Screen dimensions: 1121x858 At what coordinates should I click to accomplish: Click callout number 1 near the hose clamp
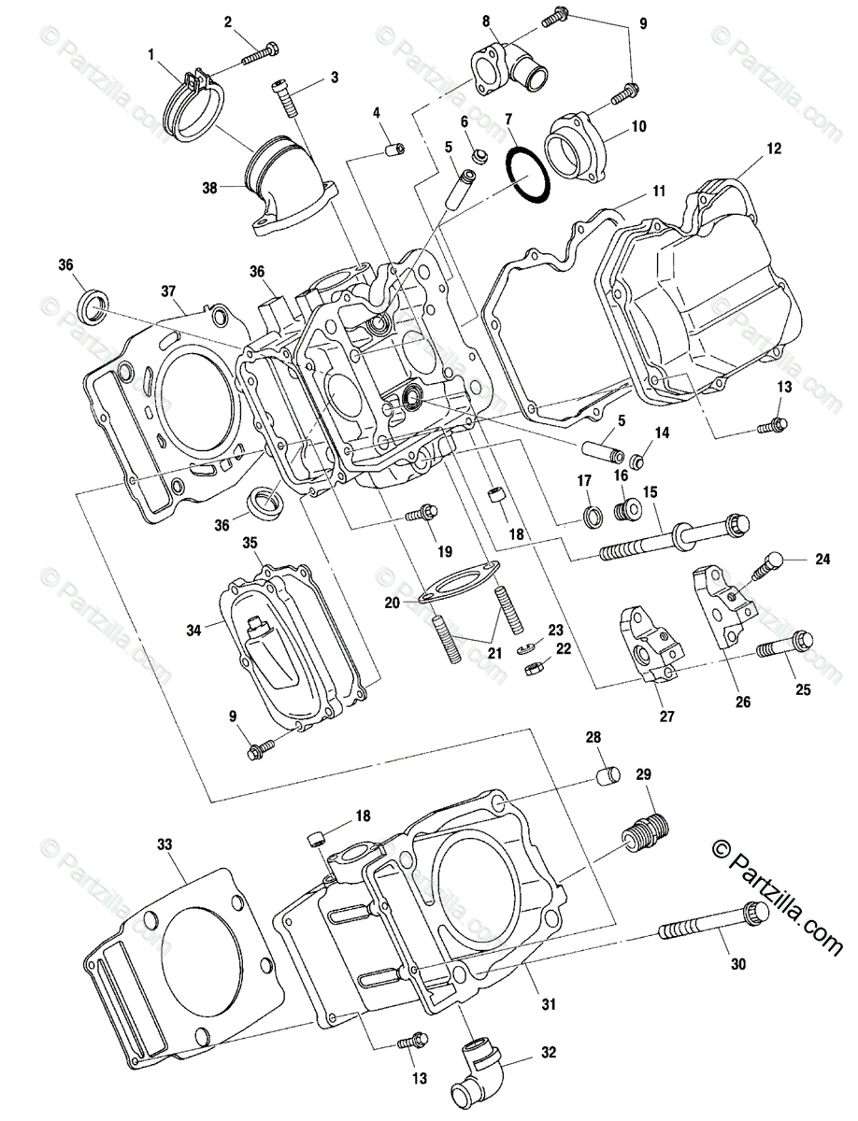(x=151, y=55)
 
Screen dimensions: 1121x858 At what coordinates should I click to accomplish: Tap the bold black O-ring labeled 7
(x=528, y=175)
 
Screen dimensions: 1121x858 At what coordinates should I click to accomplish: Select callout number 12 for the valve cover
(x=774, y=149)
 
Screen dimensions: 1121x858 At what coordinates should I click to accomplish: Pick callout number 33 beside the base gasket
(x=164, y=844)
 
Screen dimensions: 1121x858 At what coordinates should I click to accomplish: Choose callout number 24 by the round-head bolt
(x=822, y=560)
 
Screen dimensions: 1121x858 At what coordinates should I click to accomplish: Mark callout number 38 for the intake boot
(x=208, y=187)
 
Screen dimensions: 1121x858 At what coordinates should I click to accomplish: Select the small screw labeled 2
(x=261, y=52)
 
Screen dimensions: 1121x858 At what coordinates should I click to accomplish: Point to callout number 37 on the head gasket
(x=167, y=291)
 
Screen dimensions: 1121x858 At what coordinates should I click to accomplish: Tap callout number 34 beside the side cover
(x=193, y=631)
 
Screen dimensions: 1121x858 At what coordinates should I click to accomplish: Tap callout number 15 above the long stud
(x=650, y=491)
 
